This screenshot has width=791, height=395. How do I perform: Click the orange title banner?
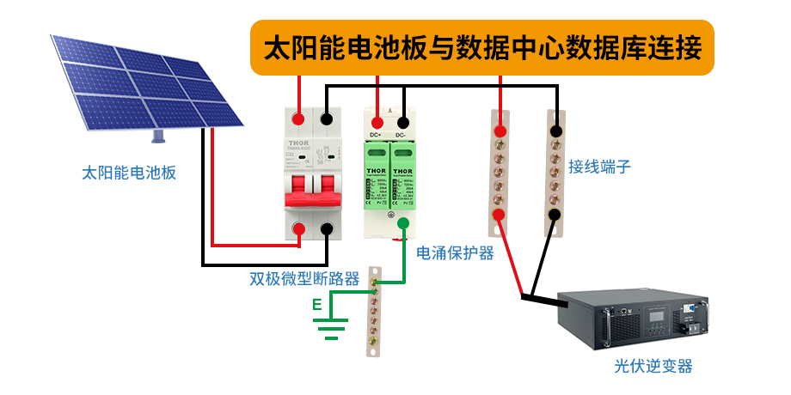click(481, 46)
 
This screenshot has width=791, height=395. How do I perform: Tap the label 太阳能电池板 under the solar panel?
click(129, 173)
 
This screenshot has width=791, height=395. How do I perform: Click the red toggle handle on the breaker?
click(313, 191)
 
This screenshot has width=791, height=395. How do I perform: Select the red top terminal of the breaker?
click(299, 118)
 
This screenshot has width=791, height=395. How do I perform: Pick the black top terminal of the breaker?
click(327, 118)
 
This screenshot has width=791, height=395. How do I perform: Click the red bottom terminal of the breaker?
click(299, 228)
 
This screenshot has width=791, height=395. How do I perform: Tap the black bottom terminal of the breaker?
click(327, 228)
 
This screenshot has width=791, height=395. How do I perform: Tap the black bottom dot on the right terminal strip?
click(555, 215)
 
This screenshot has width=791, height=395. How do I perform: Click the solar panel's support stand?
click(158, 136)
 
